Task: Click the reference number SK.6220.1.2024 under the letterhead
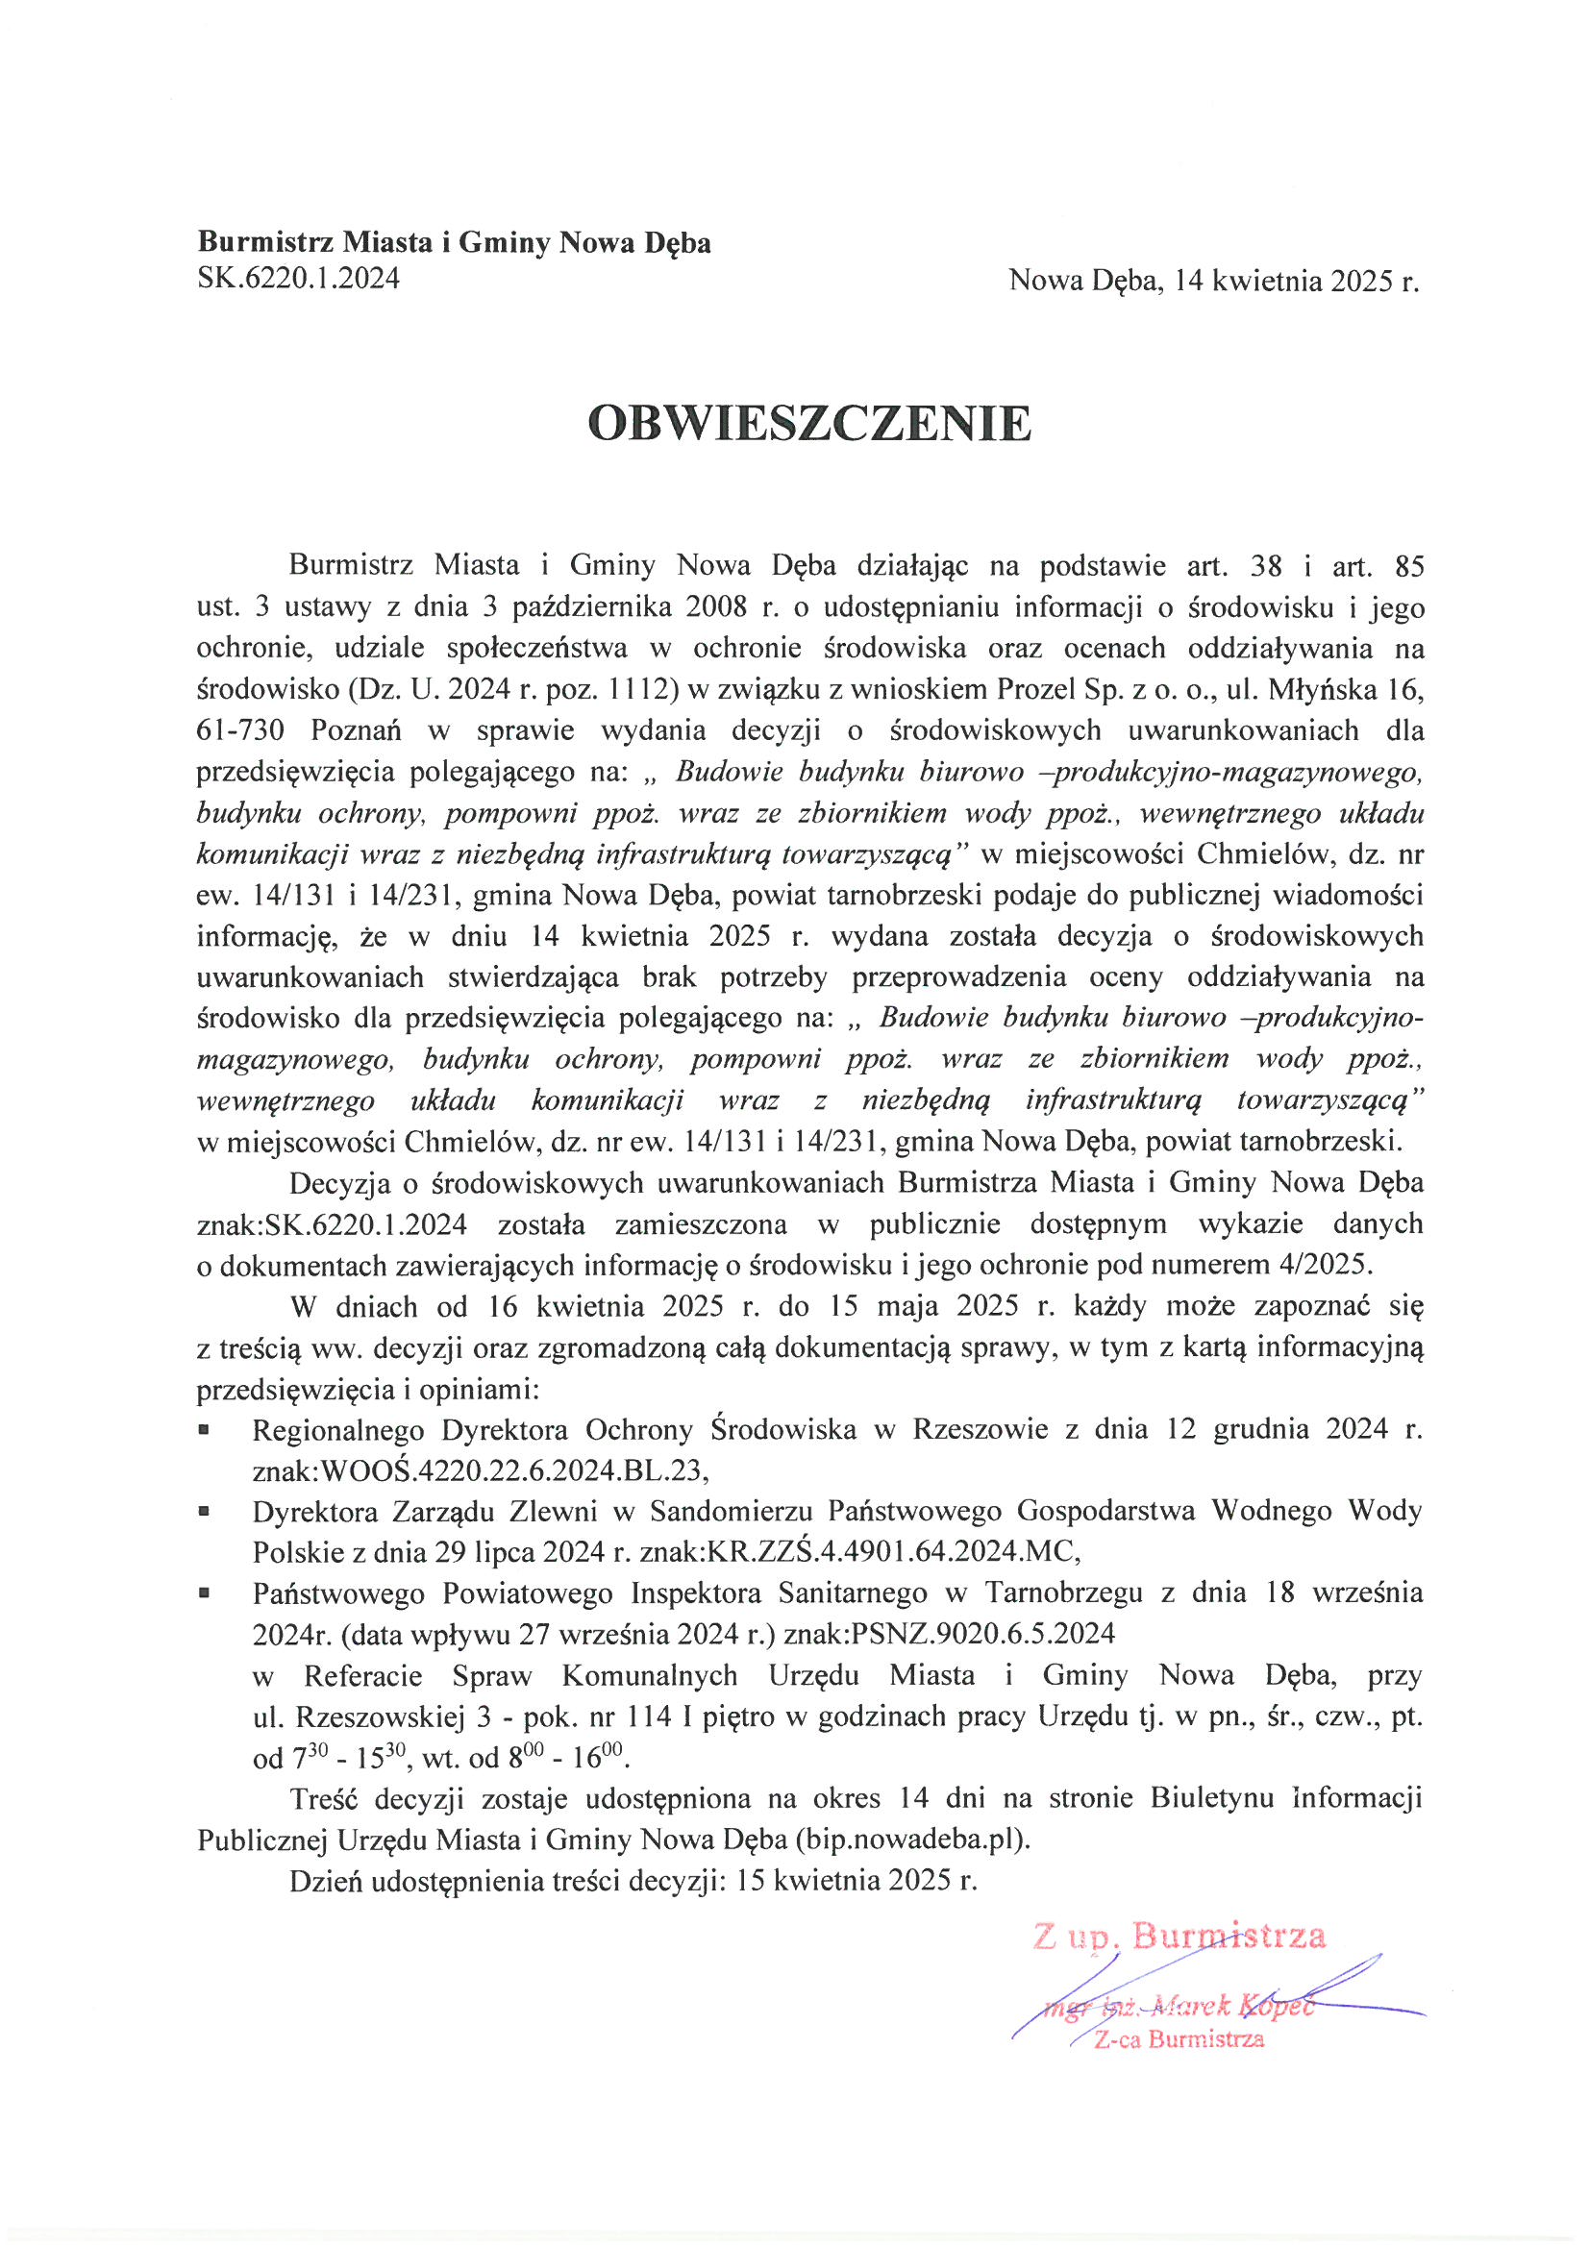(299, 280)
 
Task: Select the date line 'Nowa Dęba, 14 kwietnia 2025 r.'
(1213, 282)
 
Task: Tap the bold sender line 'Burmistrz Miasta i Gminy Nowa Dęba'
(455, 243)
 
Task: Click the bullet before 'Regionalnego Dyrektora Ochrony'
(204, 1430)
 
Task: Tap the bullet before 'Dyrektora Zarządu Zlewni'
(204, 1512)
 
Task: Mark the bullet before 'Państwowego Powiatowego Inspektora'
(204, 1593)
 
